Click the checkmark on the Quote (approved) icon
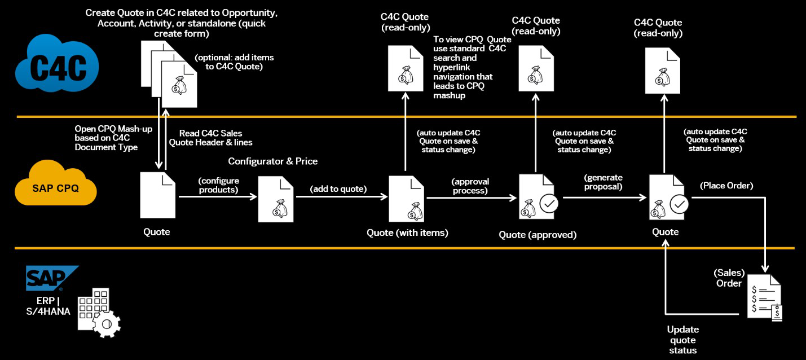[549, 204]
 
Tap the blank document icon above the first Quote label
[157, 195]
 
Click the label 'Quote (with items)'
[407, 232]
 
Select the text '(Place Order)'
[726, 186]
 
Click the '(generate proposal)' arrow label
[604, 181]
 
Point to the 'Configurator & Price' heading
[272, 161]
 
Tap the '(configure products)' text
[218, 185]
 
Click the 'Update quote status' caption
[682, 340]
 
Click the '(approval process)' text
[470, 186]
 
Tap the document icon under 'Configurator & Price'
[276, 199]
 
